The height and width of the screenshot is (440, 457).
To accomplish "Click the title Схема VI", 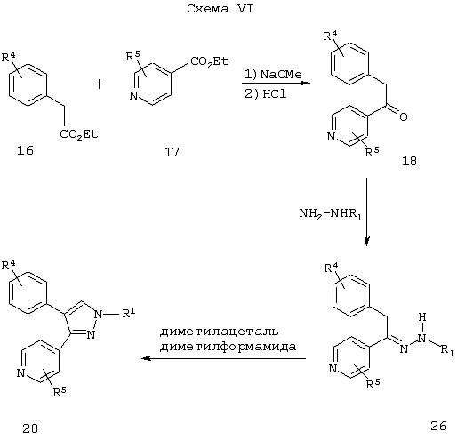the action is point(220,9).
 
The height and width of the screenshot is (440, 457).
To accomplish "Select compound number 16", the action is point(25,151).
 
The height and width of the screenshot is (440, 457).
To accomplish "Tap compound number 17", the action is point(172,152).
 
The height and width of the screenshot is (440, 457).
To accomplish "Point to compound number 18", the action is point(409,161).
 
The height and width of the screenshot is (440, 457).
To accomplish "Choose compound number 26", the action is point(438,426).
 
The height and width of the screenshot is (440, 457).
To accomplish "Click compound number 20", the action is point(30,428).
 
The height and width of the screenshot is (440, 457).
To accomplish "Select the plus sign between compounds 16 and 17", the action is point(99,84).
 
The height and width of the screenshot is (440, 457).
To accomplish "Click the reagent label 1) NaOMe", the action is point(273,74).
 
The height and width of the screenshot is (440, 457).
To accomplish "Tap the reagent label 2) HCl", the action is point(266,94).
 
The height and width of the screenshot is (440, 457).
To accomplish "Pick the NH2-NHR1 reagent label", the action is point(331,213).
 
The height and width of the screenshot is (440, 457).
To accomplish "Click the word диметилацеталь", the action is point(220,332).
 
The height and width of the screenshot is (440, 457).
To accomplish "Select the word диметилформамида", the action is point(228,347).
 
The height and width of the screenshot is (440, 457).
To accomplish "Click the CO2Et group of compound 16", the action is point(79,134).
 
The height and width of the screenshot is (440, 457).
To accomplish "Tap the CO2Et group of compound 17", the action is point(210,61).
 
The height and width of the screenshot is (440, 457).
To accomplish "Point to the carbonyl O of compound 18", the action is point(404,116).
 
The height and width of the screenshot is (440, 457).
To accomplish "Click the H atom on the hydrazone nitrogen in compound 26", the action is point(422,317).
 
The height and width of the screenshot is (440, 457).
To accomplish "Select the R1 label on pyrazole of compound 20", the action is point(129,313).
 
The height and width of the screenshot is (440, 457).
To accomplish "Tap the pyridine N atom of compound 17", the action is point(134,96).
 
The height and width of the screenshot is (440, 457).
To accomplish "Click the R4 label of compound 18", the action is point(330,36).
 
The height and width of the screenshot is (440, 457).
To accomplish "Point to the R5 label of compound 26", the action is point(373,384).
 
